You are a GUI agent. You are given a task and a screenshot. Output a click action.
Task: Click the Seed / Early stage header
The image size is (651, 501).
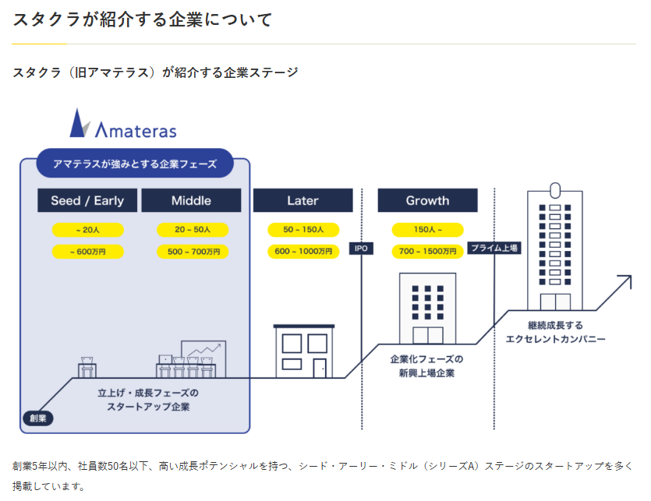pyautogui.click(x=87, y=200)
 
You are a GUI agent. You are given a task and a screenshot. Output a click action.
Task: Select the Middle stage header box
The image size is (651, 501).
pyautogui.click(x=191, y=200)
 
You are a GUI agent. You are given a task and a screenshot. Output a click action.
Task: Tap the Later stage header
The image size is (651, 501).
pyautogui.click(x=303, y=200)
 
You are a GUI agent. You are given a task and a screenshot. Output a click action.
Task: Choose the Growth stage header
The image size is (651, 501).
pyautogui.click(x=428, y=200)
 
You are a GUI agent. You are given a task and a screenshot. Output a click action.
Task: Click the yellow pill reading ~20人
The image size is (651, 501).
pyautogui.click(x=87, y=230)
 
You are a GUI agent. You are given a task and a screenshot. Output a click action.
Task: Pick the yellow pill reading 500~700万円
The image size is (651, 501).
pyautogui.click(x=193, y=252)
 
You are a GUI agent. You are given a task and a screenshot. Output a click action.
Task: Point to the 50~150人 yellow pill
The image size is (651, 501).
pyautogui.click(x=303, y=230)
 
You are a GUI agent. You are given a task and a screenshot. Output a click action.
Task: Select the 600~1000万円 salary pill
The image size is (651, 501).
pyautogui.click(x=303, y=252)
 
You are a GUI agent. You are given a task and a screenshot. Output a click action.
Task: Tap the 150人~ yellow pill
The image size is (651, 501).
pyautogui.click(x=428, y=230)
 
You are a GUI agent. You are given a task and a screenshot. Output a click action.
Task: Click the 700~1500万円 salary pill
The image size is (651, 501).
pyautogui.click(x=428, y=252)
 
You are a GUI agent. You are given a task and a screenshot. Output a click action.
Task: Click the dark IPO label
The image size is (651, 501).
pyautogui.click(x=361, y=249)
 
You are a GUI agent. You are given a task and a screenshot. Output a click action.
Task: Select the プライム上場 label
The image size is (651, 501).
pyautogui.click(x=494, y=249)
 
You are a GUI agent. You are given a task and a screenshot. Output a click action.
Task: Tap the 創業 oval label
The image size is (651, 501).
pyautogui.click(x=38, y=418)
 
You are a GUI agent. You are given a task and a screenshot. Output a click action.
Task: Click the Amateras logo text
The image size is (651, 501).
pyautogui.click(x=136, y=130)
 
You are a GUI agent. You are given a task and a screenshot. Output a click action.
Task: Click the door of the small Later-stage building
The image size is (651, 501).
pyautogui.click(x=320, y=369)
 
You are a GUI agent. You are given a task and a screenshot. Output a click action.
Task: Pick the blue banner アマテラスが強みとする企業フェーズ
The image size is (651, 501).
pyautogui.click(x=135, y=164)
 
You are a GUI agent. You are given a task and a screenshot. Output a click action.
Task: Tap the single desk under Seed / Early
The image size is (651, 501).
pyautogui.click(x=87, y=367)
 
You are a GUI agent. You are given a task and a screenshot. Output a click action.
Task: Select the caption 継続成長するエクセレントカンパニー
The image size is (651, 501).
pyautogui.click(x=556, y=332)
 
